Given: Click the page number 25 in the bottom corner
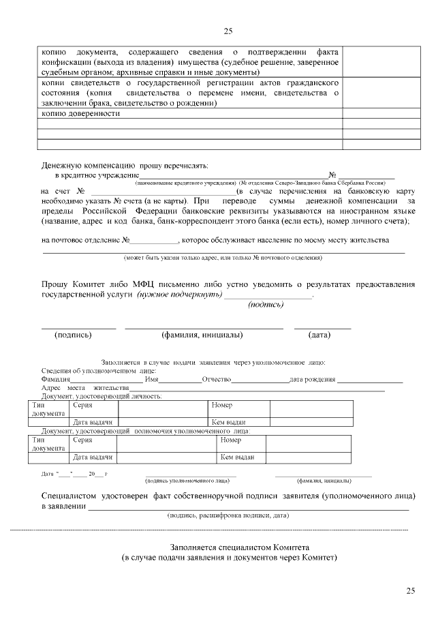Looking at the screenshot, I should [x=409, y=590].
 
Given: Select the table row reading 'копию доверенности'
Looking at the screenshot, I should [x=81, y=114].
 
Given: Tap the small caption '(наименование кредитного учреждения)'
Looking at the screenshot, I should [x=185, y=184].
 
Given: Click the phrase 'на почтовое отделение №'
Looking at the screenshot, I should [x=85, y=241].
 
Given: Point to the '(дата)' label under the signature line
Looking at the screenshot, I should [x=319, y=335].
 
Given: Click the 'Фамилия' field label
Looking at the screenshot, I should [x=56, y=379].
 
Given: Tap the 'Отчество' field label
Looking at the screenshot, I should [x=217, y=379].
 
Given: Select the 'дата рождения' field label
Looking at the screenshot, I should [x=312, y=379].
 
